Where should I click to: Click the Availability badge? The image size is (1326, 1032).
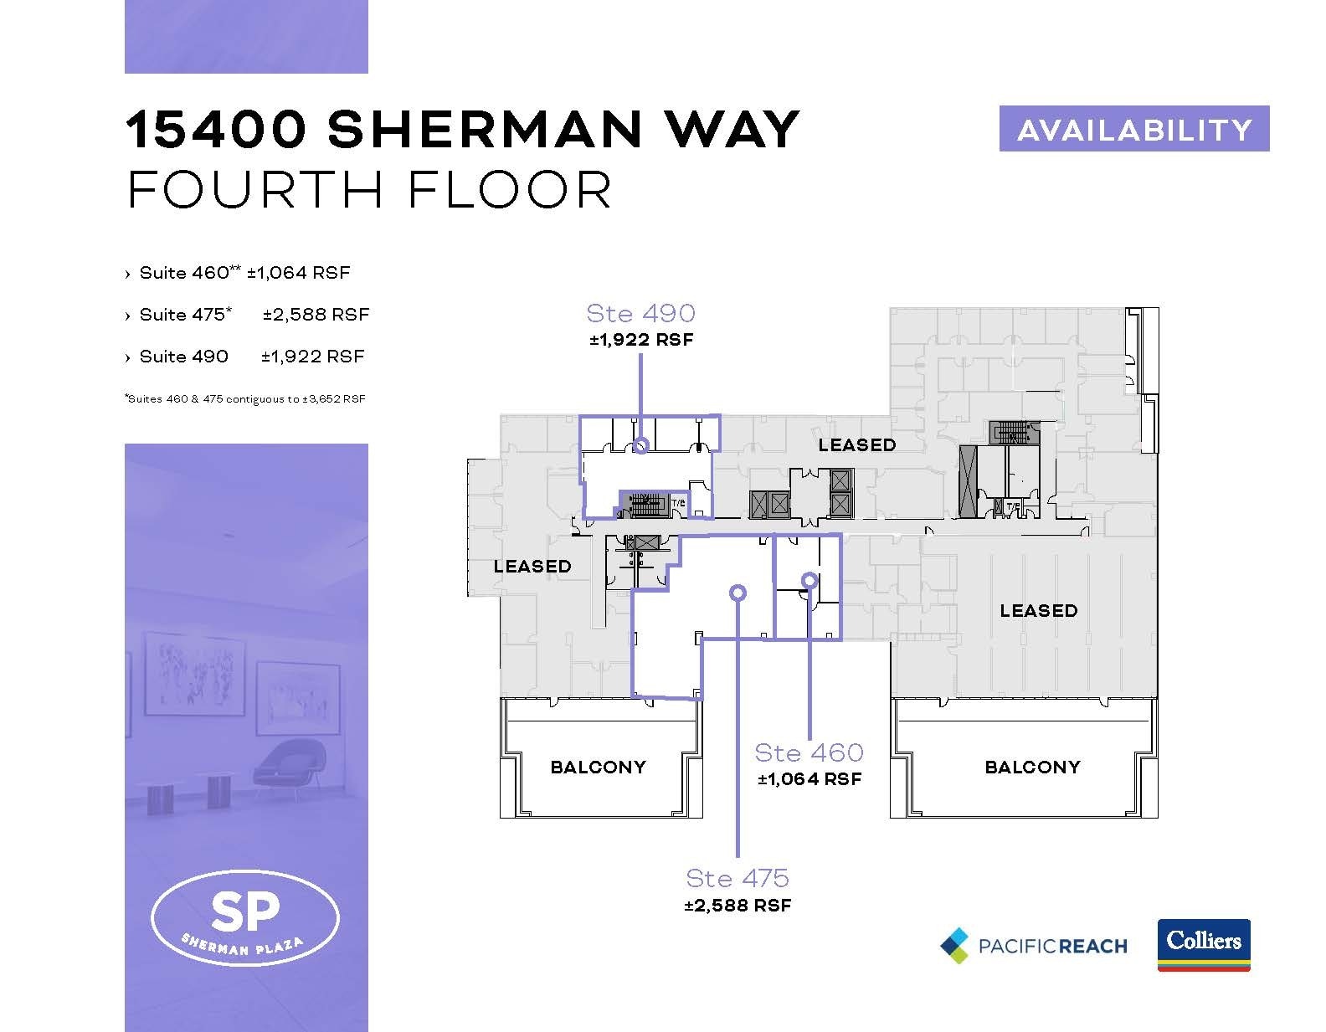(x=1133, y=129)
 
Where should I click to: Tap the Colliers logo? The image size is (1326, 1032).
(x=1203, y=944)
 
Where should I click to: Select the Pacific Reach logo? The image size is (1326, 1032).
(x=1033, y=945)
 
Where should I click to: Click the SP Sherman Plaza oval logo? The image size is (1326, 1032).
(x=245, y=919)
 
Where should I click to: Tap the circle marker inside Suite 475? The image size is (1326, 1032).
(x=737, y=593)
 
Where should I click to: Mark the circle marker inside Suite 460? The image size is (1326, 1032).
(x=809, y=579)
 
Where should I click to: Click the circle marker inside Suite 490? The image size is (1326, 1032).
(x=640, y=445)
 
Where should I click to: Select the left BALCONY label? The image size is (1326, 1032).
(x=598, y=767)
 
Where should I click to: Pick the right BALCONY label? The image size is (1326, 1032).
(x=1032, y=767)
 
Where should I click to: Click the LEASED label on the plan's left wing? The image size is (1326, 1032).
(x=532, y=567)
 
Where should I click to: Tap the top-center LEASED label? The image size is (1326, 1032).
(x=857, y=445)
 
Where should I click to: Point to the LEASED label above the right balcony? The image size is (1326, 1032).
(x=1038, y=611)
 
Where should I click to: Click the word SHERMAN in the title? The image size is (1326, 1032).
(x=485, y=130)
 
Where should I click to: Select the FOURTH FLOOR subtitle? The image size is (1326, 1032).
(x=369, y=190)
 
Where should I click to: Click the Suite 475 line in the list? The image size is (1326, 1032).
(x=247, y=315)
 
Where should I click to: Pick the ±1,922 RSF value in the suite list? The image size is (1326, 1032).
(x=313, y=357)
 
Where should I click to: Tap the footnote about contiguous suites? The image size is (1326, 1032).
(x=244, y=399)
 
